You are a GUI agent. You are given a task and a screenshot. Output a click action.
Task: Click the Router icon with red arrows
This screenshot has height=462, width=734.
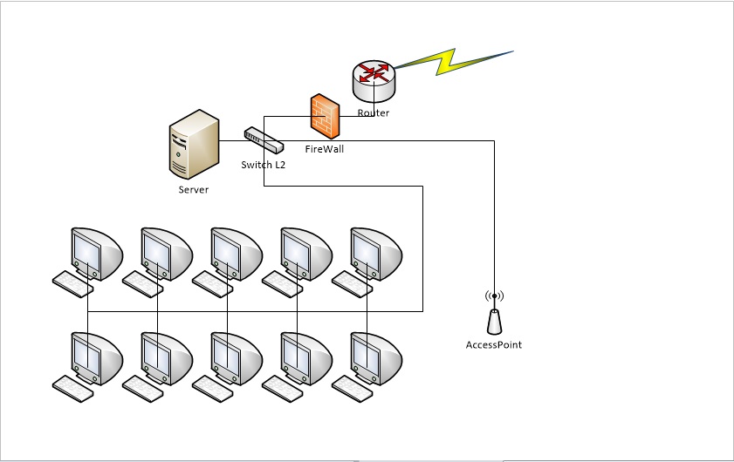(x=374, y=80)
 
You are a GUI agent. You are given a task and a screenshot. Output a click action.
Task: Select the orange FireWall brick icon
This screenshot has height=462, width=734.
(x=326, y=116)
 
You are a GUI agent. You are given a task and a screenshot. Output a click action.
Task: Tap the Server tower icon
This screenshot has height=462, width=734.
(x=195, y=144)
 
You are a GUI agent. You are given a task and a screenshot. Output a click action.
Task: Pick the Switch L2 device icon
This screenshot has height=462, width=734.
(x=264, y=139)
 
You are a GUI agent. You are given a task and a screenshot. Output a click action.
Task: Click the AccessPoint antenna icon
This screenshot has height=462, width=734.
(x=494, y=322)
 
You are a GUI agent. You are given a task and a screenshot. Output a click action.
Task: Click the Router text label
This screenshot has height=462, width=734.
(x=373, y=112)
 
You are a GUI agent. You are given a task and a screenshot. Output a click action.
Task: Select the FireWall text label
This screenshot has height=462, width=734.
(x=325, y=149)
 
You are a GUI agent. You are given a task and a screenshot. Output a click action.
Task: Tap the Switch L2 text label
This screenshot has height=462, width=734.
(x=263, y=165)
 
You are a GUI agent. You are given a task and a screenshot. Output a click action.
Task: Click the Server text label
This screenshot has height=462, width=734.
(x=194, y=189)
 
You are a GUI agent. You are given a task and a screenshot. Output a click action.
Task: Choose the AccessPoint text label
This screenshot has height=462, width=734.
(x=494, y=344)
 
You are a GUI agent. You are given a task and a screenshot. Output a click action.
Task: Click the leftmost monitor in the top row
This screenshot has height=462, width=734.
(x=97, y=254)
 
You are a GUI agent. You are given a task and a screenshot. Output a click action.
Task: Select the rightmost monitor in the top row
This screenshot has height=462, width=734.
(x=376, y=254)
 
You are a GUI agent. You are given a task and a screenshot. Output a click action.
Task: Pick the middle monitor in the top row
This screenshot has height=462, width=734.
(x=237, y=254)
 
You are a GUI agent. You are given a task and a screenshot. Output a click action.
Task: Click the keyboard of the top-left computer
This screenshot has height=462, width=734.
(x=72, y=284)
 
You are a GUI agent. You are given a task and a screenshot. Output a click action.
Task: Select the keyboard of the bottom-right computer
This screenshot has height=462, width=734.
(x=352, y=389)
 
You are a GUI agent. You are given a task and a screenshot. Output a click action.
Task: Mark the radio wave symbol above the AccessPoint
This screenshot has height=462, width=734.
(x=494, y=296)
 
